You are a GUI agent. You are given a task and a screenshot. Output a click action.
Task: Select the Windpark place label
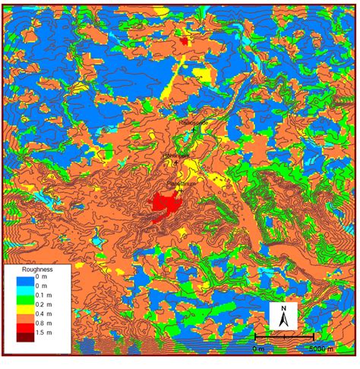coord(176,155)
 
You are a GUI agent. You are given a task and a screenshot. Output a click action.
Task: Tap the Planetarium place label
coord(180,183)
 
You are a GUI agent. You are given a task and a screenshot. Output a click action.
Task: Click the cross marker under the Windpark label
coord(176,162)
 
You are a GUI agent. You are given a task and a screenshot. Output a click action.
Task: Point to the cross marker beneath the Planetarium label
coord(180,191)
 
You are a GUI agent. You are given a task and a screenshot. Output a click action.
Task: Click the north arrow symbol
coord(283,317)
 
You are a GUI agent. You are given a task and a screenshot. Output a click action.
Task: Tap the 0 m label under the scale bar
coord(259,348)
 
